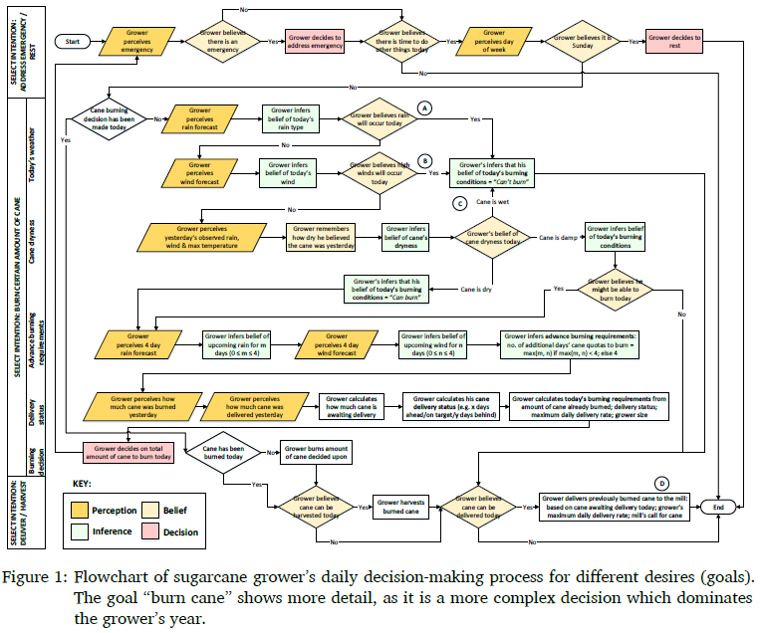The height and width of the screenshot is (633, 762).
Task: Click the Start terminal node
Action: point(73,42)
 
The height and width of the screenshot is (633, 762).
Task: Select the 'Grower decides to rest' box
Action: point(675,42)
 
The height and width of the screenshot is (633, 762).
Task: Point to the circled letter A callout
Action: point(424,106)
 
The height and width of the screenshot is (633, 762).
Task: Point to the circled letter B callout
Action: point(424,158)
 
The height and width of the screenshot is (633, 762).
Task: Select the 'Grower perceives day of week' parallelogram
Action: point(496,42)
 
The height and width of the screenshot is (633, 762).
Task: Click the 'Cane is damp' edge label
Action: point(558,238)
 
